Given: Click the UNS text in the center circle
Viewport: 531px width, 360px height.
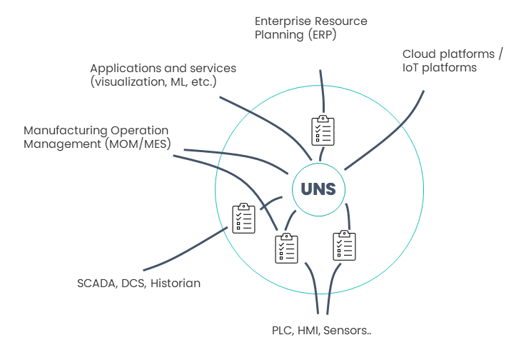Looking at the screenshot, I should click(x=318, y=190).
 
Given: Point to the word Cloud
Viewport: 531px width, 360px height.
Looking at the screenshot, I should click(x=420, y=54).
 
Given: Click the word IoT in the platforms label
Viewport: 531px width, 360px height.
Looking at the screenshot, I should click(x=413, y=68).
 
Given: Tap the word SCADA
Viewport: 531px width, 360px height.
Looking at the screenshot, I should click(x=96, y=284).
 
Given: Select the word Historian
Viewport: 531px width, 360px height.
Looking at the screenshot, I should click(x=176, y=284).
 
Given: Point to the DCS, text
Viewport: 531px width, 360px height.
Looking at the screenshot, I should click(x=133, y=284).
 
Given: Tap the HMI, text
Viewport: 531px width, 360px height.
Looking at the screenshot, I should click(x=311, y=331).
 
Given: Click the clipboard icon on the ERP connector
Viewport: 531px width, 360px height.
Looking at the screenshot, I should click(x=323, y=130).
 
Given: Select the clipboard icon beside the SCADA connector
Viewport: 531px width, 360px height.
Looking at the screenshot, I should click(x=243, y=219).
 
